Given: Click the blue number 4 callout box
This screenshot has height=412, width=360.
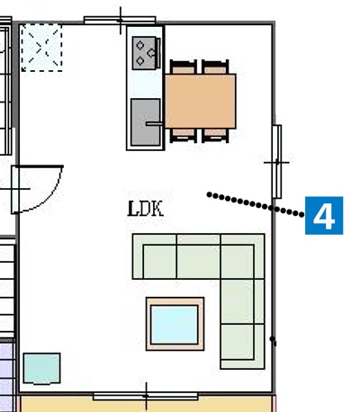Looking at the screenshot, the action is tap(324, 215).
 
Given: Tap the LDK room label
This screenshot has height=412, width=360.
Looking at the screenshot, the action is tap(146, 209).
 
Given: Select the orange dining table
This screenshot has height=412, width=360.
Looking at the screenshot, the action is tap(201, 101).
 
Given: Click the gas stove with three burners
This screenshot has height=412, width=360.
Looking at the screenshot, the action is tap(146, 53).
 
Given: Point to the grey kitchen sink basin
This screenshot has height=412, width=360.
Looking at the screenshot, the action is tap(146, 122).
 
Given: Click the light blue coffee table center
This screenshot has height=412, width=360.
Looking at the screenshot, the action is tap(175, 324).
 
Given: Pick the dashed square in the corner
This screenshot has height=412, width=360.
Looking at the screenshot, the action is tap(41, 48).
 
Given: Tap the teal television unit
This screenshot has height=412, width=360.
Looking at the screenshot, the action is tap(41, 369).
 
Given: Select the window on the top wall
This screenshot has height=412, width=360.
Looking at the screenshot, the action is tap(120, 21).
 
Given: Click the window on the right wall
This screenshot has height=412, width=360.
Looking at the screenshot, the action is tap(277, 162).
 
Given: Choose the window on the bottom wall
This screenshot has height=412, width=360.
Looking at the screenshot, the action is tap(146, 397).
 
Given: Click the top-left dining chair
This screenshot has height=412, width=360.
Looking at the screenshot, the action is tap(184, 67).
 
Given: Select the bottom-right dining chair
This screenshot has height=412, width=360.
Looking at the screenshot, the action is tap(215, 136).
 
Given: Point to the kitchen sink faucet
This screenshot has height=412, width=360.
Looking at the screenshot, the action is tap(155, 123).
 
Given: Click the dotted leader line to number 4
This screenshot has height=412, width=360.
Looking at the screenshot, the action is tap(256, 204).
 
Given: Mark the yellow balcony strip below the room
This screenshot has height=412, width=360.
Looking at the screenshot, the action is tap(147, 405).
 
